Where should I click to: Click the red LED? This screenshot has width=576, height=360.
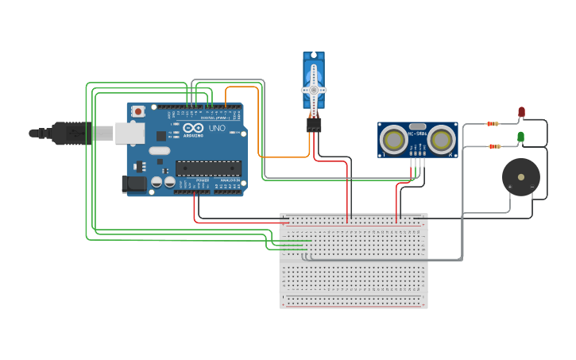point(521,112)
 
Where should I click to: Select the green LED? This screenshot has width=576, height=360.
point(520,137)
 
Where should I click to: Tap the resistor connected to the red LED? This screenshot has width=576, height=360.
point(493,124)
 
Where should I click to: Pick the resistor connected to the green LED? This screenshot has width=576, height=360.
point(494,146)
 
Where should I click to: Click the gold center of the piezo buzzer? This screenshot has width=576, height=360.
point(521,176)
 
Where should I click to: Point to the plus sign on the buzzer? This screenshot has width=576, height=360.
point(509,187)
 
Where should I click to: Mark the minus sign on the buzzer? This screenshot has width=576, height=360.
point(532,187)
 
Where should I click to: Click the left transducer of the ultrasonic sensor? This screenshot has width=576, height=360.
point(393,141)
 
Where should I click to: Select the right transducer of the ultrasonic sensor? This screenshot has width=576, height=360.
point(441,141)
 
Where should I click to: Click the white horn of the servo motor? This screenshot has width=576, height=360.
point(314,89)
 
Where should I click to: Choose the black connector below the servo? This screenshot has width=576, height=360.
point(314,125)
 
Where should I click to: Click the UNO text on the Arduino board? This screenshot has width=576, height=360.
point(217,129)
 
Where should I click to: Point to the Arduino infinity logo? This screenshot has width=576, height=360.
point(193,129)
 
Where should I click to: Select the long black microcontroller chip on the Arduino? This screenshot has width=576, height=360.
point(208,168)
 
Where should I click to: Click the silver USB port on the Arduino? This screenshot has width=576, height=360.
point(130,133)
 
